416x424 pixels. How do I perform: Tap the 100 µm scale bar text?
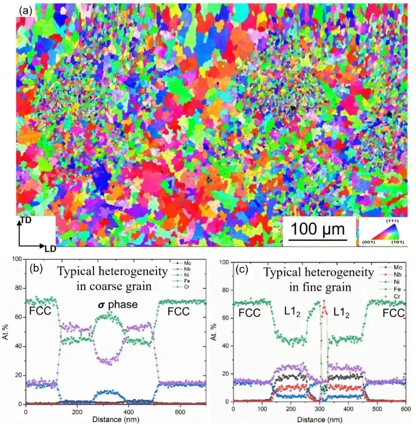(x=318, y=229)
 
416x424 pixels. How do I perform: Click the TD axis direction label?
(x=26, y=219)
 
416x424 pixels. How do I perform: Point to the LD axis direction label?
(x=50, y=249)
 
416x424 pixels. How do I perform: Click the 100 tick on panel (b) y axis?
(x=17, y=259)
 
